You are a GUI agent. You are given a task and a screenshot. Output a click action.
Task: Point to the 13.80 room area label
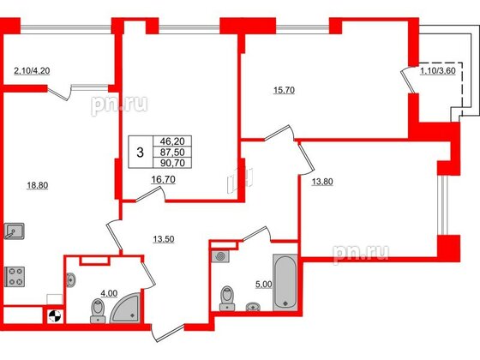[311, 181]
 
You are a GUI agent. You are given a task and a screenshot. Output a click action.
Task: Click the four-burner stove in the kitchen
[15, 278]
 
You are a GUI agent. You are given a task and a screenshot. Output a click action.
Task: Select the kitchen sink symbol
[15, 231]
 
